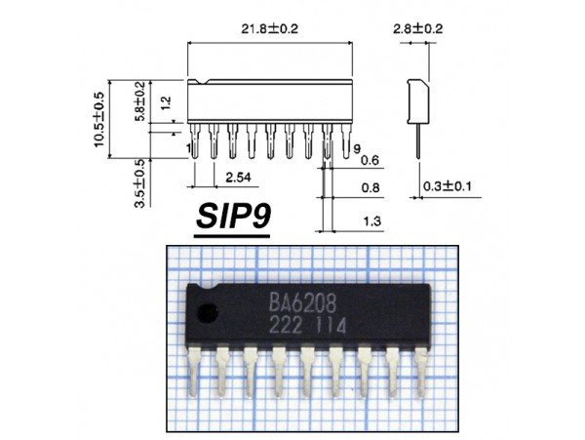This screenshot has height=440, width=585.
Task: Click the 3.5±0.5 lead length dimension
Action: [139, 183]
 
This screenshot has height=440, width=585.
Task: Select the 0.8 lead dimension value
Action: [370, 188]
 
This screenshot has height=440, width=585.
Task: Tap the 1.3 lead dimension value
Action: [370, 222]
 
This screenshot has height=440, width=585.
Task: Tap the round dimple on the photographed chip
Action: [206, 313]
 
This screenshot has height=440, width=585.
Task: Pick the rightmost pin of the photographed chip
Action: [421, 370]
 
